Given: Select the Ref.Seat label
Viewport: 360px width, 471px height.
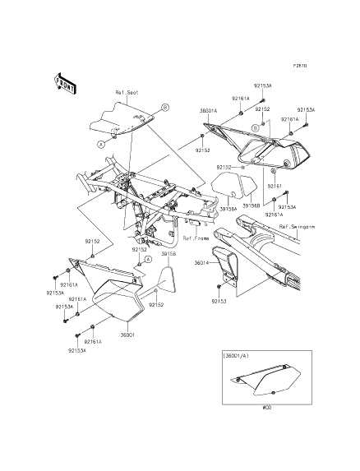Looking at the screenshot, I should (x=125, y=94).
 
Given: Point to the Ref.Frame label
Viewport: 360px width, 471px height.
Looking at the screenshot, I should (x=196, y=238).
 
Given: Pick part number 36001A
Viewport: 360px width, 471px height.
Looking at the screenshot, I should (x=209, y=109).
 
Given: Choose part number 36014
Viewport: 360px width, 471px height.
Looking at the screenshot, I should (x=202, y=263).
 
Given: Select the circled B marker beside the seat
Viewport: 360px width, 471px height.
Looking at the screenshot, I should (x=164, y=107).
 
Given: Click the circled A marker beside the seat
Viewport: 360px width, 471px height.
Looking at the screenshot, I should (x=101, y=143).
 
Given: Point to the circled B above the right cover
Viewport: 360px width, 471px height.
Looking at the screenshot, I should (x=256, y=128).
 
